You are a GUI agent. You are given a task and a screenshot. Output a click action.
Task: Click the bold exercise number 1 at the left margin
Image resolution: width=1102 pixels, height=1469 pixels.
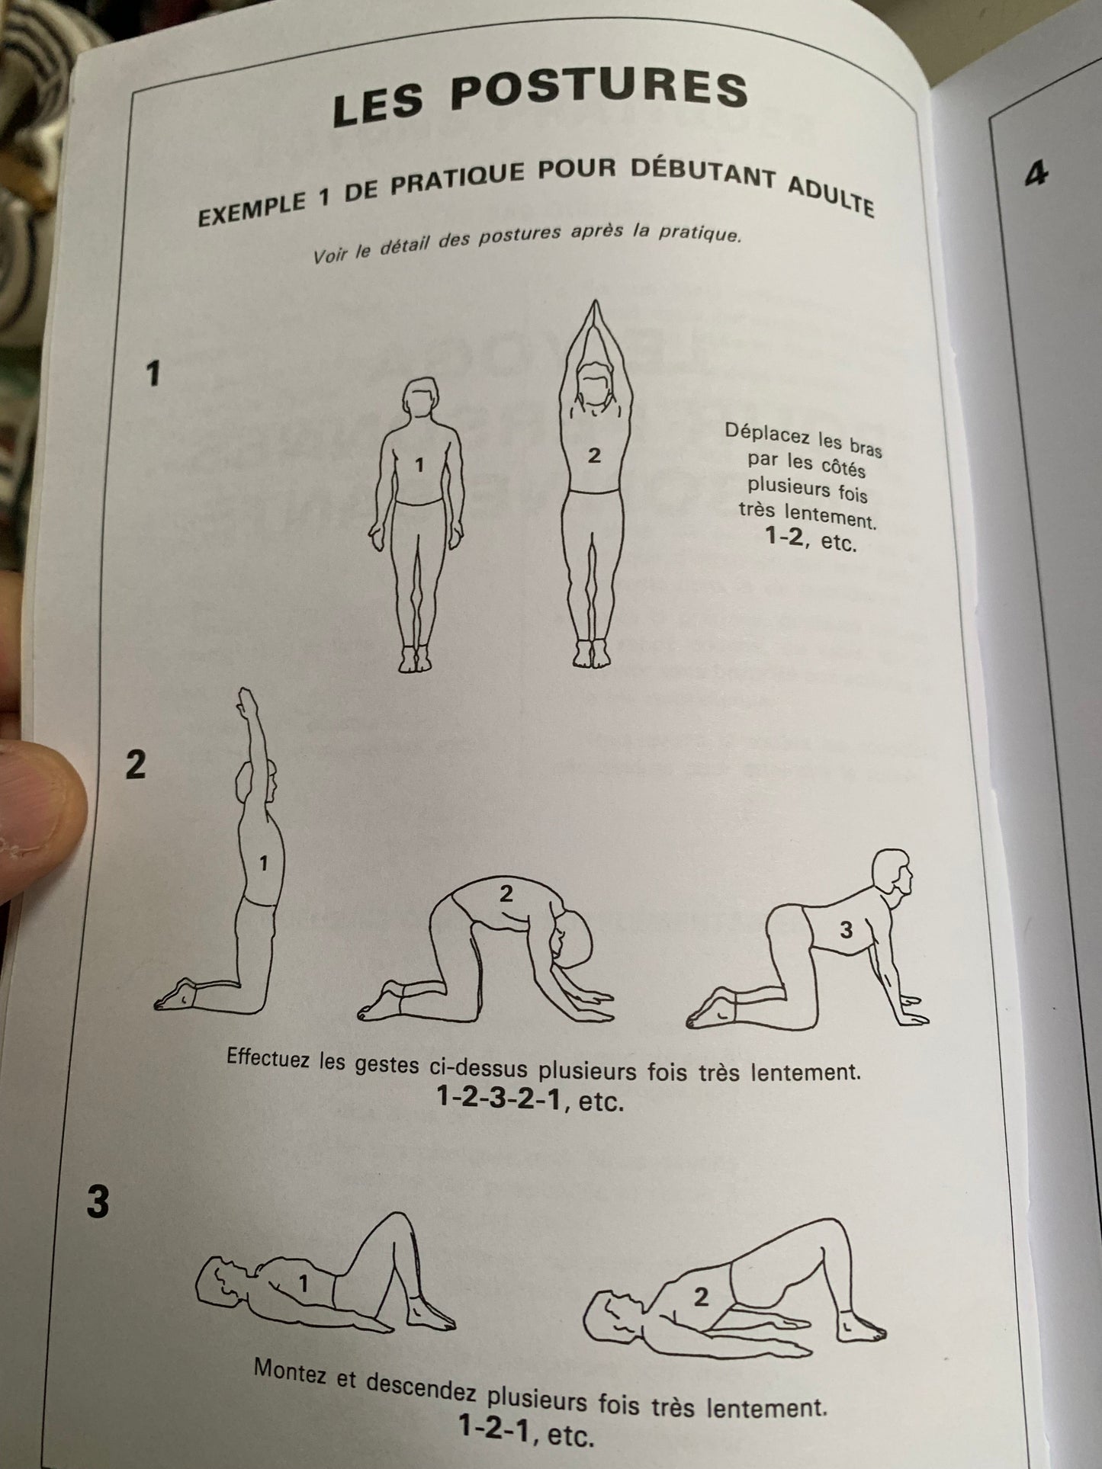pyautogui.click(x=153, y=374)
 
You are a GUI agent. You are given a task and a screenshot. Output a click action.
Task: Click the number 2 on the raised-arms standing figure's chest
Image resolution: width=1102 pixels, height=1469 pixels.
pyautogui.click(x=594, y=456)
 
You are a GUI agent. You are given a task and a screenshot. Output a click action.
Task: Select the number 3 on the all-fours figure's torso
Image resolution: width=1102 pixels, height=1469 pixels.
pyautogui.click(x=846, y=929)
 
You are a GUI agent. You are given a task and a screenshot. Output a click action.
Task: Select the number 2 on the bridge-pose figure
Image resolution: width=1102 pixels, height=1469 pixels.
pyautogui.click(x=702, y=1296)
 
